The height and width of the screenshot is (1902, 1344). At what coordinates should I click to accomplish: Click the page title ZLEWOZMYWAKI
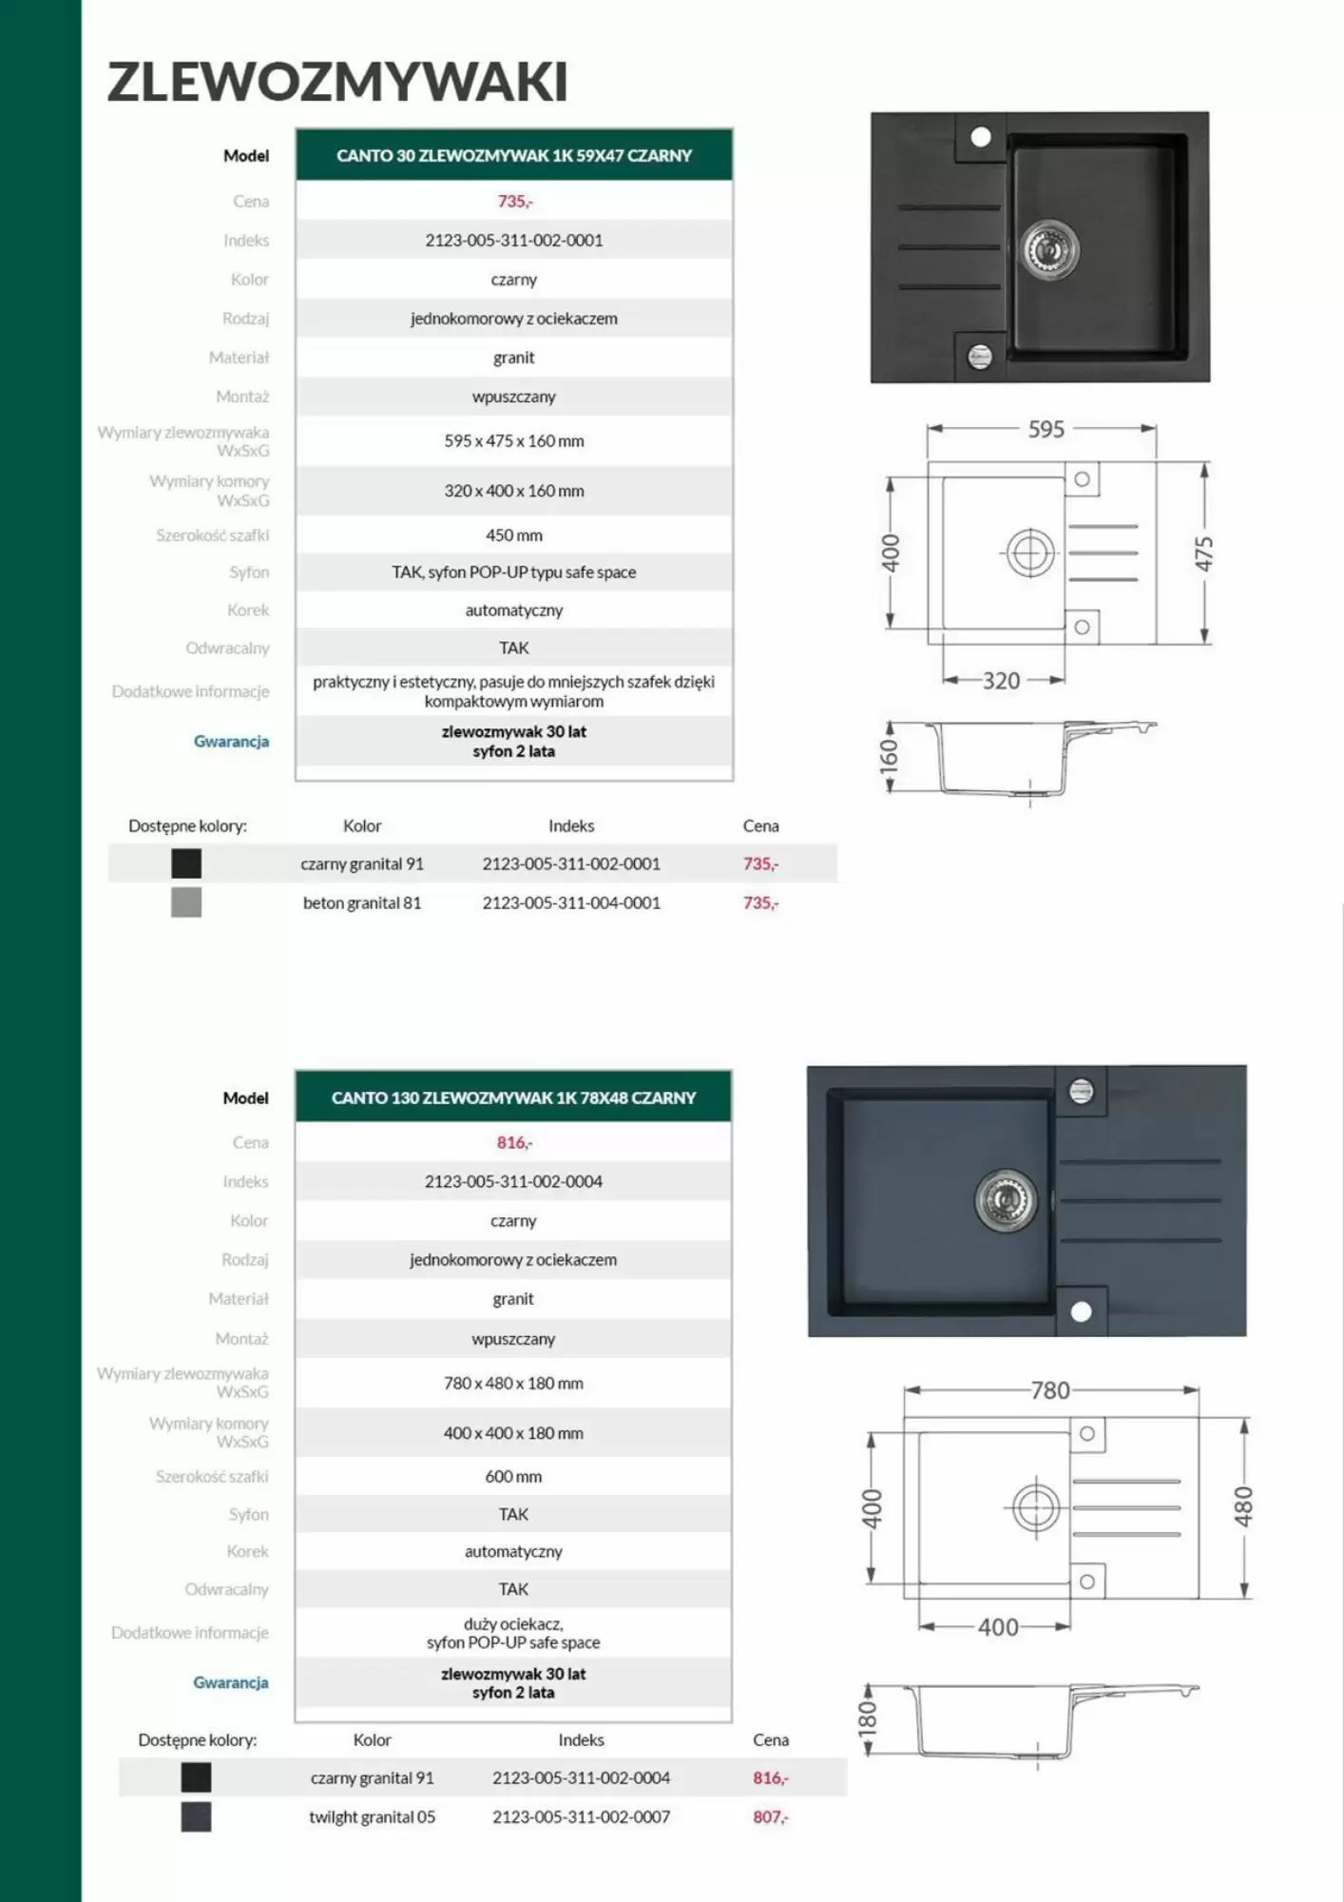pyautogui.click(x=337, y=82)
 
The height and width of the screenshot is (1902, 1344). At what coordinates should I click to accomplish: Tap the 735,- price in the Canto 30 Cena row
pyautogui.click(x=514, y=202)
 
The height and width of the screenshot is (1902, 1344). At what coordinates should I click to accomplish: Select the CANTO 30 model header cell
pyautogui.click(x=514, y=155)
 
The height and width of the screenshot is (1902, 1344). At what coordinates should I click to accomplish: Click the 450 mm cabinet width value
pyautogui.click(x=514, y=535)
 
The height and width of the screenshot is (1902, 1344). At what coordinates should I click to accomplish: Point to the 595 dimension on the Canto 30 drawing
pyautogui.click(x=1046, y=430)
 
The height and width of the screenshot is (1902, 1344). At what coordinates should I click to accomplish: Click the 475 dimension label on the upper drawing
pyautogui.click(x=1204, y=553)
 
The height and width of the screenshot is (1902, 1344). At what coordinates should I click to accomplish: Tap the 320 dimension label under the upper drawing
pyautogui.click(x=1001, y=681)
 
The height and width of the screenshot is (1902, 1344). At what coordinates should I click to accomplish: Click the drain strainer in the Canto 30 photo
pyautogui.click(x=1050, y=249)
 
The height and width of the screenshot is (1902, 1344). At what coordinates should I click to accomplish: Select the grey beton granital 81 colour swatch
pyautogui.click(x=186, y=902)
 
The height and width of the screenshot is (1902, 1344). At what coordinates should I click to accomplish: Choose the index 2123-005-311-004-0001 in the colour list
pyautogui.click(x=571, y=902)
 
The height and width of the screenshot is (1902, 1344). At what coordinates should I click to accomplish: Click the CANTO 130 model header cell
pyautogui.click(x=513, y=1097)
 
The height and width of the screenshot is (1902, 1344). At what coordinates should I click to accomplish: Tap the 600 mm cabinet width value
pyautogui.click(x=513, y=1477)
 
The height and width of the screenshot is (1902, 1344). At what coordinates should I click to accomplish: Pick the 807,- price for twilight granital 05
pyautogui.click(x=770, y=1817)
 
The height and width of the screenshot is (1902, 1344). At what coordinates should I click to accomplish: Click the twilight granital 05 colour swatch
pyautogui.click(x=196, y=1817)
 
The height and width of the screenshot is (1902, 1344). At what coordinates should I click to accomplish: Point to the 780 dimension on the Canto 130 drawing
pyautogui.click(x=1050, y=1390)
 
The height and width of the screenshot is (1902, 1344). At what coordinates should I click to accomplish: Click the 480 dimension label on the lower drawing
pyautogui.click(x=1244, y=1507)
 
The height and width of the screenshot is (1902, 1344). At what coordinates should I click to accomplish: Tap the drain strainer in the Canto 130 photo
pyautogui.click(x=1006, y=1198)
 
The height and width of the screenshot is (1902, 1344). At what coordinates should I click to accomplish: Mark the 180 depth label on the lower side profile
pyautogui.click(x=868, y=1717)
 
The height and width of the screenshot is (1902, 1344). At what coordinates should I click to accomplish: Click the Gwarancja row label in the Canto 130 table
pyautogui.click(x=231, y=1682)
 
